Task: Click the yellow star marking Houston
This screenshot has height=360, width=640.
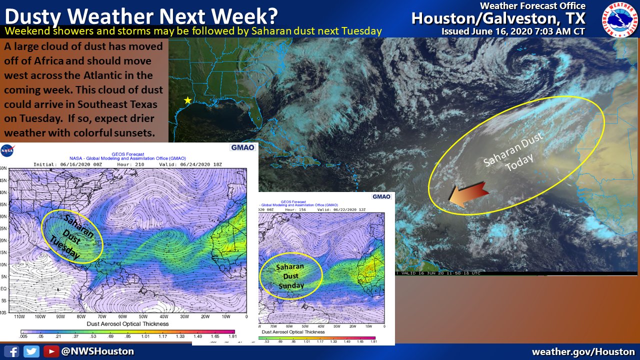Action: click(x=187, y=100)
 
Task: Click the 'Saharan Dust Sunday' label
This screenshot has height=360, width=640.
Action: click(x=290, y=276)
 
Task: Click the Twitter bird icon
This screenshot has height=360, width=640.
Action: click(x=31, y=351)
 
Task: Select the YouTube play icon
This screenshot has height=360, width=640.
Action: click(x=50, y=351)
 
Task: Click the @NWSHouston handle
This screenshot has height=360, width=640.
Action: click(x=97, y=351)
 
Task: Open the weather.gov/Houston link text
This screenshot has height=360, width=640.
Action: click(x=583, y=351)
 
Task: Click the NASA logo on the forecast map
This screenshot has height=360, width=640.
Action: click(x=7, y=149)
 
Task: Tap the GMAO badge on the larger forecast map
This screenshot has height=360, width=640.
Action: click(x=242, y=147)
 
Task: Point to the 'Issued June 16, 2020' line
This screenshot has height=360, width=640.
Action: click(x=513, y=31)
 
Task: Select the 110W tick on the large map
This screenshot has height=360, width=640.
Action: click(x=20, y=317)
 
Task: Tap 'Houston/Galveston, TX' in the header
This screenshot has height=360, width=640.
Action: click(x=498, y=18)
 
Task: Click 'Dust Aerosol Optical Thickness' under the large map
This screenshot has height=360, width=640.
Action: click(x=127, y=323)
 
